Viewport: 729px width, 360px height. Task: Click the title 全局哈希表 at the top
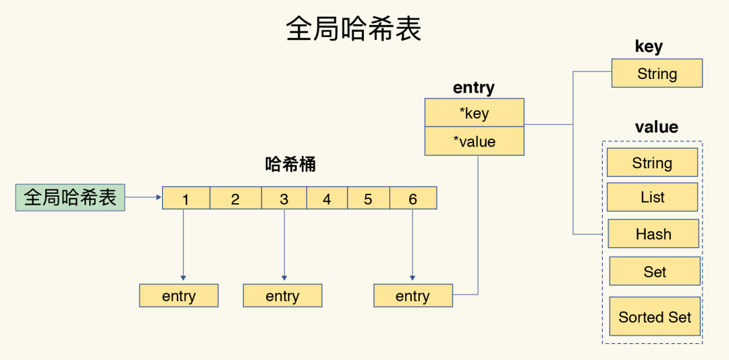tap(354, 30)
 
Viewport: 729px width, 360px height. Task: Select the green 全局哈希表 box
tap(70, 198)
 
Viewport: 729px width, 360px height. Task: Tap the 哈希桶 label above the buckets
tap(290, 165)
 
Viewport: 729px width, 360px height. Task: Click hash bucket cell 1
tap(186, 199)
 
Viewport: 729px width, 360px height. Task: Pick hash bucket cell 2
tap(235, 199)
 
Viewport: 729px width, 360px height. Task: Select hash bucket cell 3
tap(283, 199)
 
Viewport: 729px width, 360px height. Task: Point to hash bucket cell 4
tap(327, 199)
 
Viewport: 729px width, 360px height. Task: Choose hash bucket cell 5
tap(368, 199)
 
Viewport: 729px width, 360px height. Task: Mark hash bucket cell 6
tap(413, 199)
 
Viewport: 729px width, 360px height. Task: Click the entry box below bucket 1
tap(179, 296)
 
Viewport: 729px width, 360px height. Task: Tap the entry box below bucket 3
tap(282, 296)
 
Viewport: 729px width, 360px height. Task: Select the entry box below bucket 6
tap(412, 296)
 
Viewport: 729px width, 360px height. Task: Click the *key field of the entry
tap(474, 113)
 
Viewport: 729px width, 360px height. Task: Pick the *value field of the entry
tap(474, 141)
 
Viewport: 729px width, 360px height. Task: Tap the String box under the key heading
tap(657, 74)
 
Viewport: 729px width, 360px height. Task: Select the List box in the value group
tap(652, 197)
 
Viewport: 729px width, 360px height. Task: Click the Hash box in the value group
tap(653, 234)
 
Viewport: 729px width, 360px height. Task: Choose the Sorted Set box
tap(654, 317)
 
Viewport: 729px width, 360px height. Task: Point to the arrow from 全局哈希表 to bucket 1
tap(143, 198)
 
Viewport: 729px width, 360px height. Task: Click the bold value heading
tap(656, 127)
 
